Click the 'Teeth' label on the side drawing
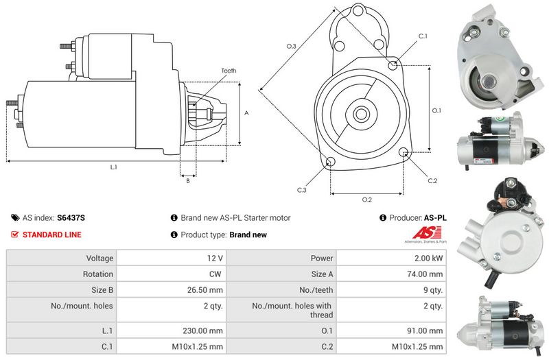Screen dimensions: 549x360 point(229,71)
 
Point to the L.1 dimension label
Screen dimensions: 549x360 point(113,167)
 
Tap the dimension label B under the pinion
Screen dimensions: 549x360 point(188,181)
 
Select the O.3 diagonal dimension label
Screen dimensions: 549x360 point(291,46)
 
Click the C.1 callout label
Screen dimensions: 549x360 point(423,36)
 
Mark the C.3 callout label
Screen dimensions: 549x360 point(301,190)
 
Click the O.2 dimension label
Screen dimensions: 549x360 point(367,200)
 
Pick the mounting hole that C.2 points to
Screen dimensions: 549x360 point(404,152)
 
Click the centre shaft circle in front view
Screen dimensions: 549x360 point(360,114)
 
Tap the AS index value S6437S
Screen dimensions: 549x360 point(71,217)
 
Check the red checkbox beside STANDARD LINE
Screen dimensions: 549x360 point(14,235)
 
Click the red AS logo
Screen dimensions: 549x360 point(425,233)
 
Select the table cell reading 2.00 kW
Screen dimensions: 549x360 point(391,258)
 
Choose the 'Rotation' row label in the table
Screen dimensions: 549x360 point(98,274)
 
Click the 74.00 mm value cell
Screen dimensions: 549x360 point(391,274)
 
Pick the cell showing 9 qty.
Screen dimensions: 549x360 point(391,289)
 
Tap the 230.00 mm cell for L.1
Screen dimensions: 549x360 point(171,331)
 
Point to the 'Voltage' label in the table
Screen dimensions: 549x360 point(100,259)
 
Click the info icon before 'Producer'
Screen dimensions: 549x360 point(383,217)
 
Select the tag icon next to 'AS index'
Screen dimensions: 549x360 point(15,217)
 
